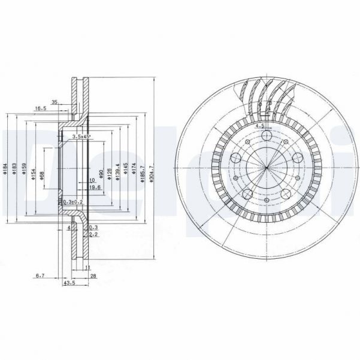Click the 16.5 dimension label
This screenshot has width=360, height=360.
(41, 108)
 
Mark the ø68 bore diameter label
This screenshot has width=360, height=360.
(42, 174)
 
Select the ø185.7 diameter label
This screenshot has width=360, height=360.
(142, 174)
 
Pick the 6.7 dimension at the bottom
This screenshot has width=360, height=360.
(40, 275)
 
